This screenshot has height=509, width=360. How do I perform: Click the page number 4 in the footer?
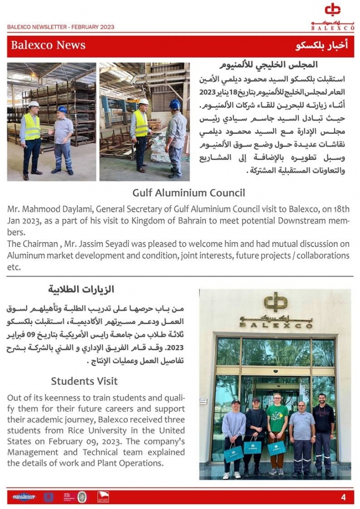[344, 498]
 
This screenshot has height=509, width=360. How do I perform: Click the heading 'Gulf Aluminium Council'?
[188, 193]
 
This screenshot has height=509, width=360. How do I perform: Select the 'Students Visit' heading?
[84, 381]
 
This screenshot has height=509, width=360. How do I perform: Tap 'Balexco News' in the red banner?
[48, 46]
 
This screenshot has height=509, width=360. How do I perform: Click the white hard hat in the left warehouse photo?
[33, 104]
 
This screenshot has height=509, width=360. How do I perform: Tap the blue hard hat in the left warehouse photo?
[62, 109]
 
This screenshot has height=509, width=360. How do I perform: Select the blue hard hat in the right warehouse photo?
[175, 104]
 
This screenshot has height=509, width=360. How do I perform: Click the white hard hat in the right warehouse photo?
[144, 101]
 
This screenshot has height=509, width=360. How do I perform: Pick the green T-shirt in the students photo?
[277, 415]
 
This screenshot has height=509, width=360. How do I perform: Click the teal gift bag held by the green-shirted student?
[276, 448]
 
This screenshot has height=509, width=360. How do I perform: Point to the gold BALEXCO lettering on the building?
[275, 325]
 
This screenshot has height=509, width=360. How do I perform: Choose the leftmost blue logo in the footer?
[22, 497]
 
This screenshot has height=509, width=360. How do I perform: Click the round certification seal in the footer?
[83, 497]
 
